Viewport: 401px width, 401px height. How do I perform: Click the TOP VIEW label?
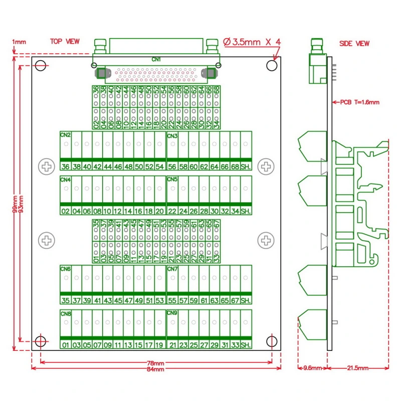point(64,42)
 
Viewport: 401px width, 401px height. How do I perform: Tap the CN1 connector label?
point(156,59)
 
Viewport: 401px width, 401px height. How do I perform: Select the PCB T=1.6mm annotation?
point(359,102)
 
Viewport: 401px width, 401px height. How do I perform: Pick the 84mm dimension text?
point(155,369)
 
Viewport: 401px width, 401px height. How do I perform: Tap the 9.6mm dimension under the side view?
point(312,368)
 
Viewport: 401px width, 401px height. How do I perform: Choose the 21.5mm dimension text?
point(358,368)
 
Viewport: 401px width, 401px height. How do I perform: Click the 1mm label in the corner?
point(19,42)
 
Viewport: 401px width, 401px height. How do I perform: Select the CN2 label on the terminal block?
point(65,135)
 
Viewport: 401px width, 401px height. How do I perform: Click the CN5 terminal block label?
point(172,179)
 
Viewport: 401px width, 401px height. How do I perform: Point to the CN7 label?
point(172,269)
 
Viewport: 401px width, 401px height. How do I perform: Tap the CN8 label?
point(65,314)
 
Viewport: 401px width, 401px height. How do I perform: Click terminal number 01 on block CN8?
point(65,345)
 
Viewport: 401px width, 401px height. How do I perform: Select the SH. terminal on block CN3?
point(246,167)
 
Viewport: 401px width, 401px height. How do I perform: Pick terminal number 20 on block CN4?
point(159,211)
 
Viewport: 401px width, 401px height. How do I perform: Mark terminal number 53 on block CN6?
point(159,301)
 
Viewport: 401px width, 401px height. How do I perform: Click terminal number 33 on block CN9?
point(235,345)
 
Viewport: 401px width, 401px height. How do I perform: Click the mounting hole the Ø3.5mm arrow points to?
point(271,66)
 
